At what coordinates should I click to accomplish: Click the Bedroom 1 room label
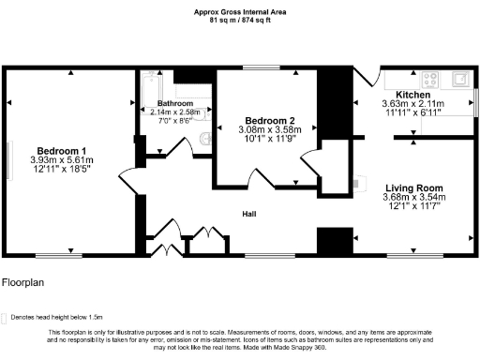click(x=62, y=151)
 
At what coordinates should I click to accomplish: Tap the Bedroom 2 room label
click(x=270, y=121)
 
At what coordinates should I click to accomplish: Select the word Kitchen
click(x=412, y=95)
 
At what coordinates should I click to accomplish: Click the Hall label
click(x=249, y=214)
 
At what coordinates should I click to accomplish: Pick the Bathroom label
click(x=175, y=103)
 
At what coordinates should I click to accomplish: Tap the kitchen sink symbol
click(x=459, y=79)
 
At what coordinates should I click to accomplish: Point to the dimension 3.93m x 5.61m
click(x=62, y=160)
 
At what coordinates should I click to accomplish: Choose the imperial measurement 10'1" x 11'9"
click(x=270, y=140)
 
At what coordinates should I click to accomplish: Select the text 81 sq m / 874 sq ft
click(x=240, y=20)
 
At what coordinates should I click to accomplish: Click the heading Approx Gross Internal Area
click(x=240, y=11)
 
